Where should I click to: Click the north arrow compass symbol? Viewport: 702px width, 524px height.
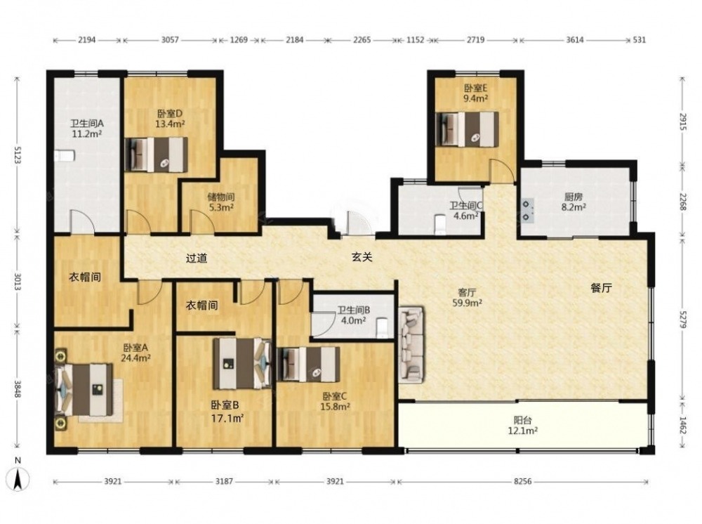pyautogui.click(x=18, y=478)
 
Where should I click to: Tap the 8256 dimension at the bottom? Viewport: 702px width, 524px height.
pyautogui.click(x=522, y=481)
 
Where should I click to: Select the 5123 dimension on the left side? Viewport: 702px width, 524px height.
pyautogui.click(x=18, y=154)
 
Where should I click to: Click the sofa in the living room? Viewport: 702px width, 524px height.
pyautogui.click(x=411, y=345)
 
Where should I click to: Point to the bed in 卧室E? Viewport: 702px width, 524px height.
pyautogui.click(x=467, y=129)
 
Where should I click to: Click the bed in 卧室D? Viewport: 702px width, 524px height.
pyautogui.click(x=156, y=155)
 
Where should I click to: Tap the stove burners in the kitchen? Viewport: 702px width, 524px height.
pyautogui.click(x=528, y=211)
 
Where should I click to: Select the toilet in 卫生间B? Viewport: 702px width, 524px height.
pyautogui.click(x=382, y=327)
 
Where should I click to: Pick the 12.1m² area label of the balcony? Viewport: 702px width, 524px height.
pyautogui.click(x=522, y=431)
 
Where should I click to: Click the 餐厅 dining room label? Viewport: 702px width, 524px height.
pyautogui.click(x=601, y=288)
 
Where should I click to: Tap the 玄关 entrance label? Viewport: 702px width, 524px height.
pyautogui.click(x=362, y=257)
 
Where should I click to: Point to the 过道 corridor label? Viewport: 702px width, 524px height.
pyautogui.click(x=197, y=258)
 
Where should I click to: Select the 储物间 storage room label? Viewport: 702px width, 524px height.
pyautogui.click(x=221, y=197)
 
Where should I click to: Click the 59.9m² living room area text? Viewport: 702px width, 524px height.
pyautogui.click(x=467, y=303)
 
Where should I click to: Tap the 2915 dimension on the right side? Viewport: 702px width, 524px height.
pyautogui.click(x=682, y=122)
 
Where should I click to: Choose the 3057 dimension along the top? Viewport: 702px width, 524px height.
pyautogui.click(x=170, y=40)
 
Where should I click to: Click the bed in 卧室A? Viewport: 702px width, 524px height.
pyautogui.click(x=84, y=389)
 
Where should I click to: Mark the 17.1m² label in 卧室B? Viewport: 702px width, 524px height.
pyautogui.click(x=227, y=419)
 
